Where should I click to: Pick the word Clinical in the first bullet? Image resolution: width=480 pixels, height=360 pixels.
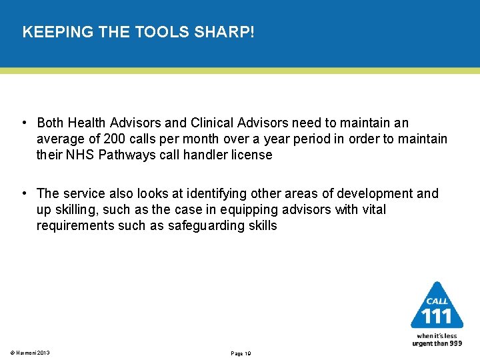point(213,123)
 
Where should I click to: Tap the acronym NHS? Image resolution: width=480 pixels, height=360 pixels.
point(81,155)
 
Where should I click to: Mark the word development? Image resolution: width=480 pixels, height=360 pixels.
point(375,193)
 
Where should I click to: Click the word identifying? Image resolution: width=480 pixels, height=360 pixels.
point(216,193)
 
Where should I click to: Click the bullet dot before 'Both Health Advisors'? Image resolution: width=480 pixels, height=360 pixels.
point(24,123)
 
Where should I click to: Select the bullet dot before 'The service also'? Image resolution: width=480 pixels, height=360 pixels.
point(24,193)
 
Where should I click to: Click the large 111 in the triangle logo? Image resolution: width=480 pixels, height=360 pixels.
point(437,315)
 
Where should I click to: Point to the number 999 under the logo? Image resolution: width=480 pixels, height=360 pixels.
point(455,343)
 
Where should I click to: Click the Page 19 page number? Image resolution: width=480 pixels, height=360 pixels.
point(240,353)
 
